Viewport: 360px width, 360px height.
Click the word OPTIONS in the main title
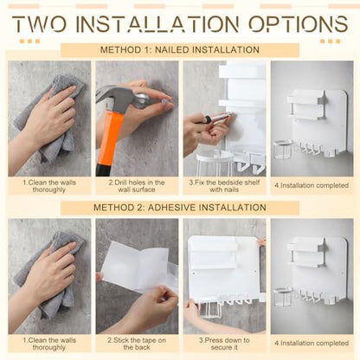click(299, 23)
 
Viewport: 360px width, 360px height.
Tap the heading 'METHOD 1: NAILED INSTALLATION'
click(180, 49)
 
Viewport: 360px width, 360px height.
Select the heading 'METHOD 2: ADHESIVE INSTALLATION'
click(180, 208)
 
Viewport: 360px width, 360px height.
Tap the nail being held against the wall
click(165, 100)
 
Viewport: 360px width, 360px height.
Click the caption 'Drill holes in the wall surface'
click(137, 186)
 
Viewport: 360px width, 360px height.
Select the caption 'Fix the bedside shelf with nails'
click(224, 186)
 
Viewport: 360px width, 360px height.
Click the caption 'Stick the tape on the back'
click(137, 344)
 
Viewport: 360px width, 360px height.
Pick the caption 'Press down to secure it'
click(224, 344)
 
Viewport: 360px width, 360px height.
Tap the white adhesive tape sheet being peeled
click(136, 267)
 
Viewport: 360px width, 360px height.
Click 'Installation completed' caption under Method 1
click(312, 185)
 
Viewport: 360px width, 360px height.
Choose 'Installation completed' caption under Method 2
click(312, 343)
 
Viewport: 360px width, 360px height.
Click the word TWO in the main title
click(40, 23)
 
